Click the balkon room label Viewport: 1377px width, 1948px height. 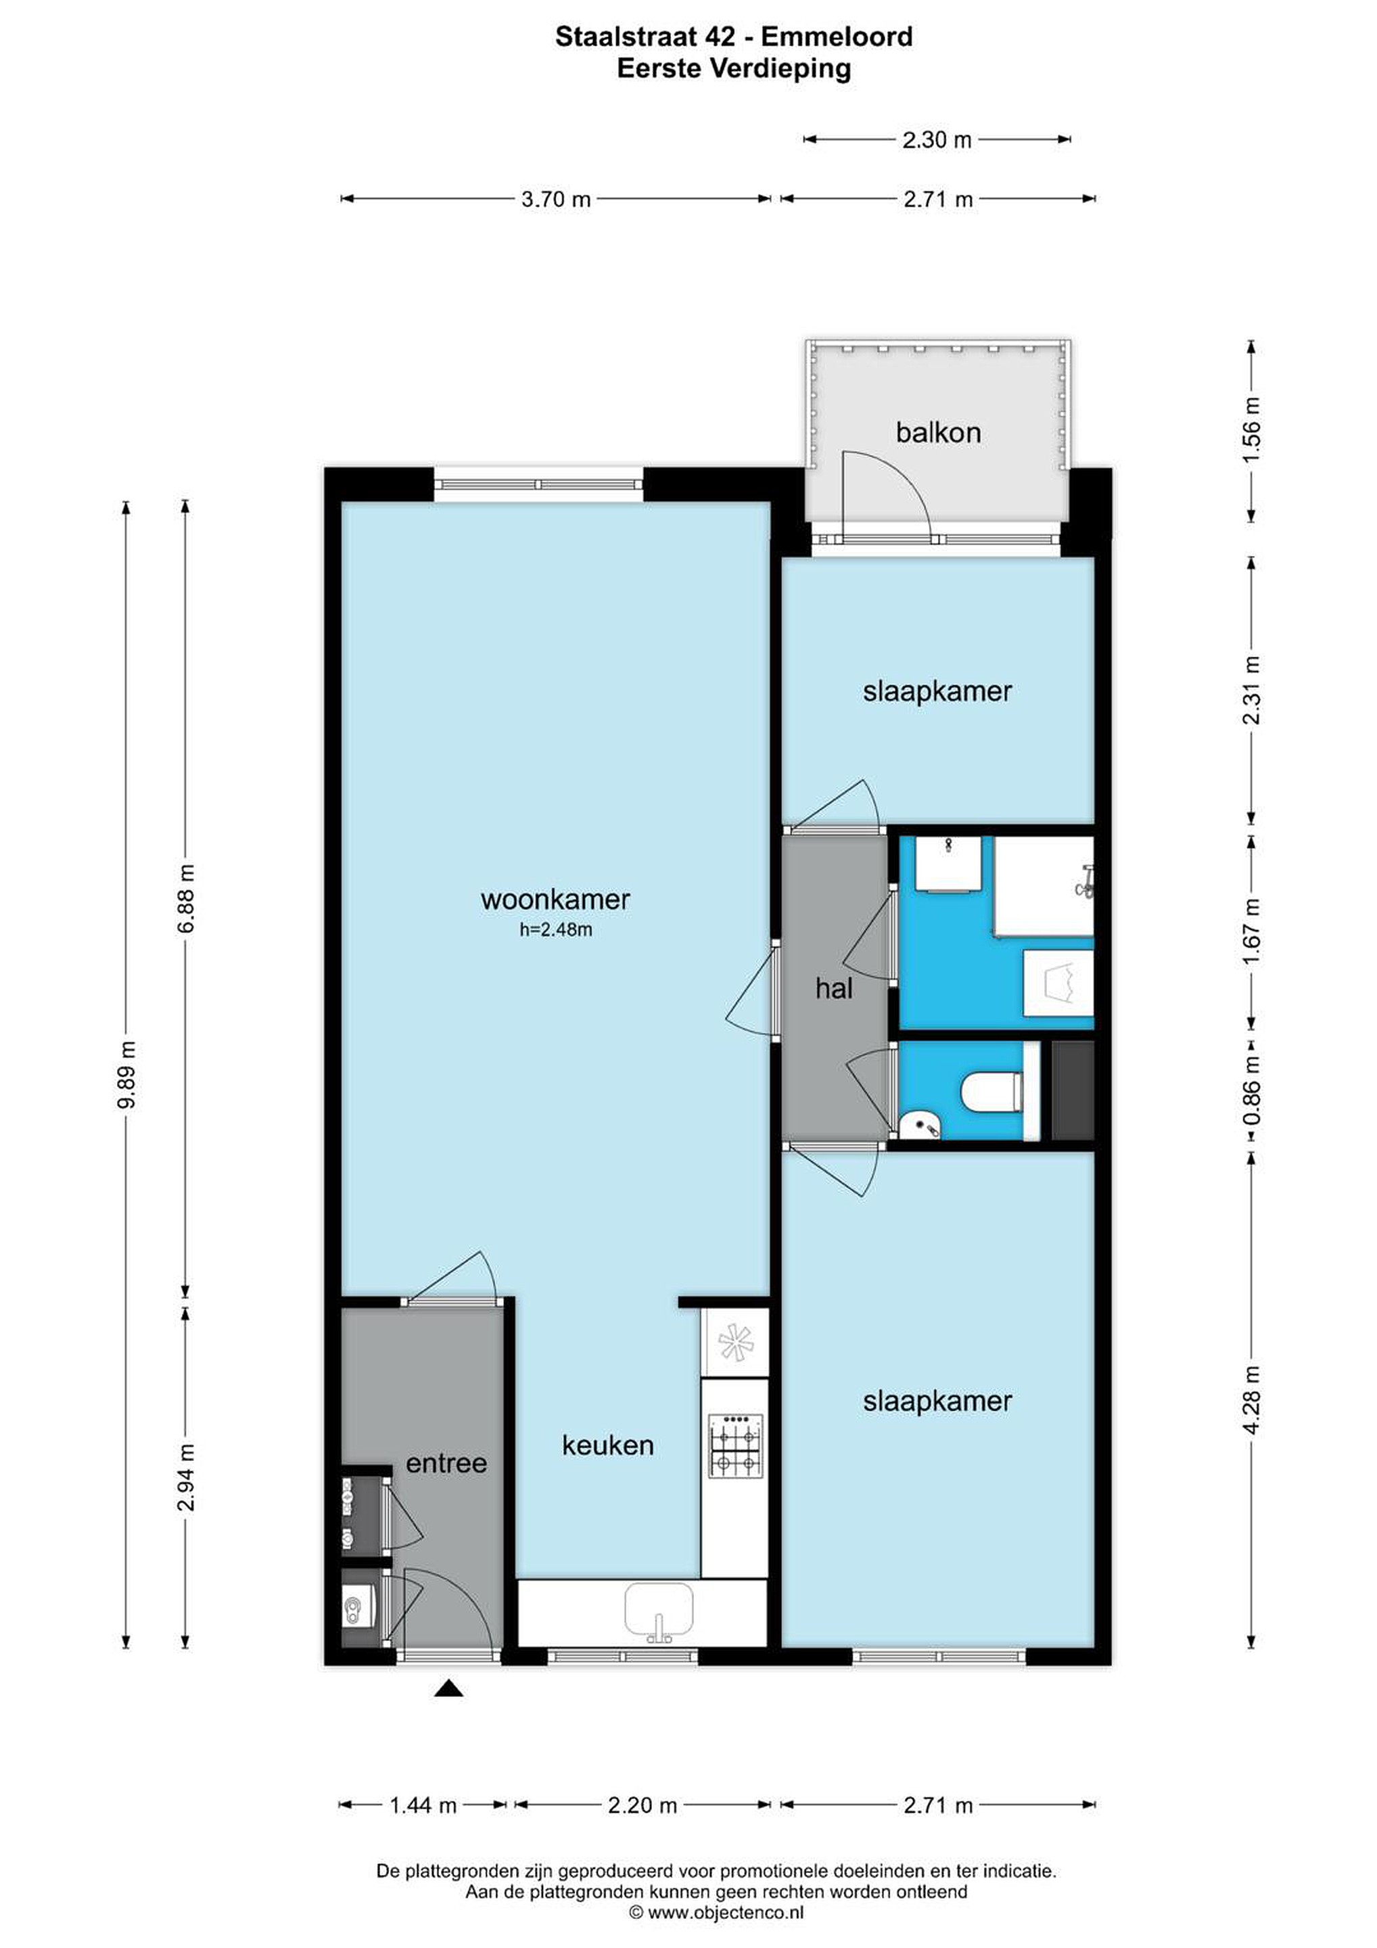coord(937,433)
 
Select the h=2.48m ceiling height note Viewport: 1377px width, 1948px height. coord(556,930)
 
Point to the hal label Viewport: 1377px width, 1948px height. coord(833,988)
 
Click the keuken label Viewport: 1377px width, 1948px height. coord(607,1445)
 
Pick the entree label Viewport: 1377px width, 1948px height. coord(446,1463)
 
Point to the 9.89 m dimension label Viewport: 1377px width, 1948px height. coord(126,1074)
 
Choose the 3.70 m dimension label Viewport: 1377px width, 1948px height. coord(556,200)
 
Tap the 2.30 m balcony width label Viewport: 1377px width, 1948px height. coord(937,140)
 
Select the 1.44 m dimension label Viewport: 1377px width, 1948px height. coord(423,1805)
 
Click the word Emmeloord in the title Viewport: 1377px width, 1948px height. coord(837,37)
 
